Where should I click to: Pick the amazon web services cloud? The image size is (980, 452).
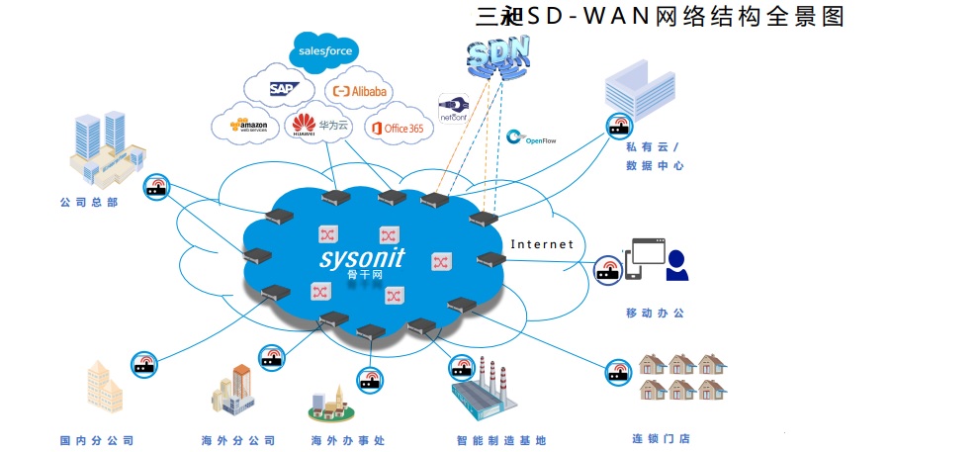[x=247, y=126]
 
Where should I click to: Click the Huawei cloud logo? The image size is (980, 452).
[x=317, y=126]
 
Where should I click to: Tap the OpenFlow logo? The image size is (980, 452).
[x=531, y=138]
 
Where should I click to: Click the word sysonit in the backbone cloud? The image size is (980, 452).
[x=362, y=258]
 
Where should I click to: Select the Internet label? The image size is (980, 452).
[x=542, y=243]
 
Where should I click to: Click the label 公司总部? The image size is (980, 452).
[x=89, y=203]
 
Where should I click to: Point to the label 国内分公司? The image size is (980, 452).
[x=96, y=440]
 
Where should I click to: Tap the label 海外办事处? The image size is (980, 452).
[x=347, y=440]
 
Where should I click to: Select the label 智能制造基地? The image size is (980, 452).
[x=500, y=440]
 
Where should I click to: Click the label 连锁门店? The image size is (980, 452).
[x=661, y=439]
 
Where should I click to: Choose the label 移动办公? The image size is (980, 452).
[x=655, y=313]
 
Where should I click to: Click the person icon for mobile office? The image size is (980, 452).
[x=676, y=265]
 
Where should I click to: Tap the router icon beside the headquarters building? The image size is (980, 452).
[x=156, y=187]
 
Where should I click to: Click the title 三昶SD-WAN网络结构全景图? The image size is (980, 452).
[x=661, y=17]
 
